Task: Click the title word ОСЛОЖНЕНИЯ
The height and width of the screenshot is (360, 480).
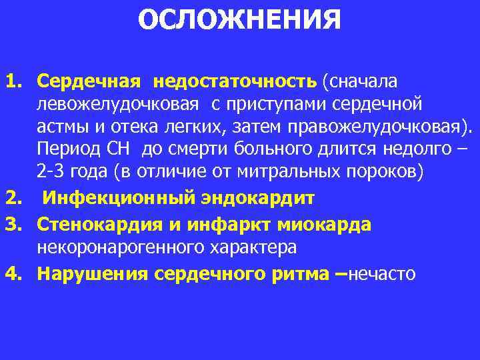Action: click(239, 20)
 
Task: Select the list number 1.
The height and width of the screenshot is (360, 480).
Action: click(13, 81)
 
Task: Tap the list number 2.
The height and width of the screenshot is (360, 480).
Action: click(13, 199)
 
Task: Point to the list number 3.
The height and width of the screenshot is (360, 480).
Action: click(13, 225)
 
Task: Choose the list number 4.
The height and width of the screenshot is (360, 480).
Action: click(13, 273)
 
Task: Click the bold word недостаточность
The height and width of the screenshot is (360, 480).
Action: click(235, 81)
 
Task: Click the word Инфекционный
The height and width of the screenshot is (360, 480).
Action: click(123, 199)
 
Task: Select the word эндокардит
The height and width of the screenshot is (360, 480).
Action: click(259, 199)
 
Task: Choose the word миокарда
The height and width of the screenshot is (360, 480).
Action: click(329, 225)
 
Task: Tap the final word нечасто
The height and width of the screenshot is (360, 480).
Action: click(383, 273)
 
